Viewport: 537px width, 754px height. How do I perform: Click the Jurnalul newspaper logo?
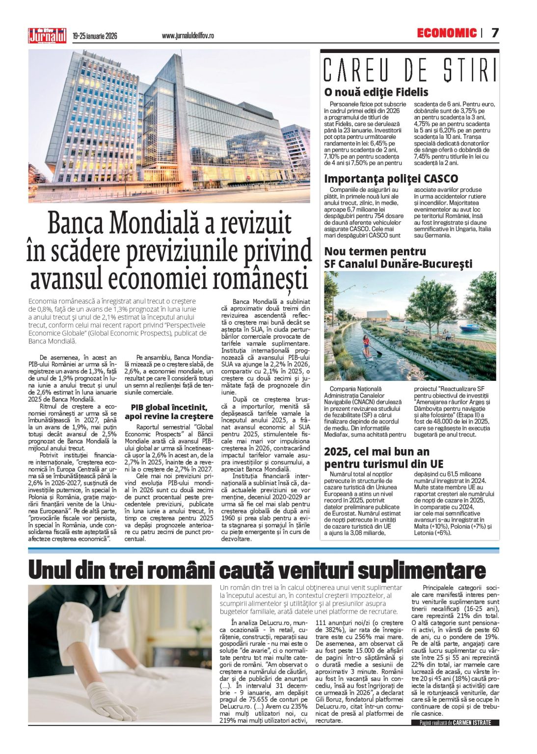47,35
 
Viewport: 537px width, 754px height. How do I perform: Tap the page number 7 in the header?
495,33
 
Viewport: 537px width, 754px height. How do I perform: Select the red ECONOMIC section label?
446,33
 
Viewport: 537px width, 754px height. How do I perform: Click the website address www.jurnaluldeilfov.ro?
188,36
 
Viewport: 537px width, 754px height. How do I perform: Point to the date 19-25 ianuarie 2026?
95,36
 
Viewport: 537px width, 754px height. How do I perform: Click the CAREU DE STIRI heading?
409,70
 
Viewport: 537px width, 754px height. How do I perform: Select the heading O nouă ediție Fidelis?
376,92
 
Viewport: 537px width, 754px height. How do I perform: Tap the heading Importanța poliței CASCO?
391,179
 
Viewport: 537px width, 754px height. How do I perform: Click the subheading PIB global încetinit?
169,407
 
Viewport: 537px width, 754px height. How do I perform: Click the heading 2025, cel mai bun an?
376,452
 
